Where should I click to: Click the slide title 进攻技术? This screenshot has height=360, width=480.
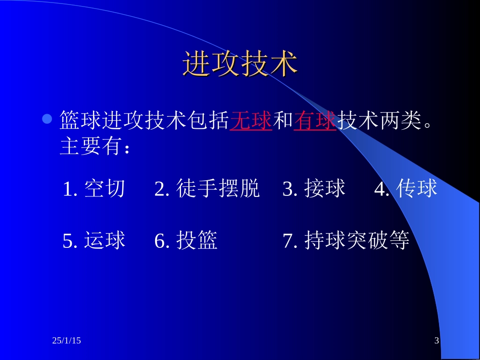point(240,64)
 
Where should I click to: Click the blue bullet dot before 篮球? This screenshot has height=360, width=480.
point(47,119)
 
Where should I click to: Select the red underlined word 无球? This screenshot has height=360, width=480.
point(251,121)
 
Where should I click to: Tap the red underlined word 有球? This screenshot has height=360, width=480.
point(315,121)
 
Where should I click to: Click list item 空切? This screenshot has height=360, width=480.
point(104,188)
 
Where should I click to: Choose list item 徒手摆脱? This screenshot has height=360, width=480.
point(218,188)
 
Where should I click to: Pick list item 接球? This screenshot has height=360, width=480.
point(325,188)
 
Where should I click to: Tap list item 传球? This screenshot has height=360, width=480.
point(417,188)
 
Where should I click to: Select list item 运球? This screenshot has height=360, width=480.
point(105,241)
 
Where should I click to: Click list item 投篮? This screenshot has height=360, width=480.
point(197,241)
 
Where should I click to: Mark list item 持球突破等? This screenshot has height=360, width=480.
point(357,241)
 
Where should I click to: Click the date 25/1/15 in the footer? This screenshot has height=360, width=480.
point(66,341)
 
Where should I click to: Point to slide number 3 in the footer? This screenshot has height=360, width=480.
point(437,341)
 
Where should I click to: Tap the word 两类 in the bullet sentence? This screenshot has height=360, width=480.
point(400,121)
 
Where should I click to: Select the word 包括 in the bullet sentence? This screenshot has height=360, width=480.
point(208,121)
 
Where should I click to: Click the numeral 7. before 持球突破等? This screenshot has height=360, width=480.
point(291,241)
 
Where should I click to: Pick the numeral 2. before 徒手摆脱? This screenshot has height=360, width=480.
point(162,189)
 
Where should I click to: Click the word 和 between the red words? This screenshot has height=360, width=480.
point(283,121)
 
